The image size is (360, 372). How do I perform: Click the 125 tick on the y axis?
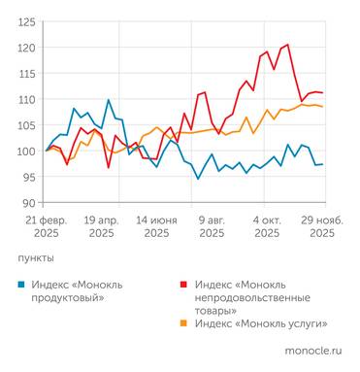(x=27, y=21)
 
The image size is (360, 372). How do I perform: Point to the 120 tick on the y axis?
(x=27, y=48)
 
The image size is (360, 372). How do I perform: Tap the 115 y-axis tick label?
(x=27, y=74)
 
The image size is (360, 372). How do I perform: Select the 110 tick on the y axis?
(x=27, y=99)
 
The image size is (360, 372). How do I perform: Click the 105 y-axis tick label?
(x=27, y=125)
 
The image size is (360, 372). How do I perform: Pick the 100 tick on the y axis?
(x=27, y=152)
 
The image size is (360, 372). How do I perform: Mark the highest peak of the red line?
(x=287, y=44)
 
